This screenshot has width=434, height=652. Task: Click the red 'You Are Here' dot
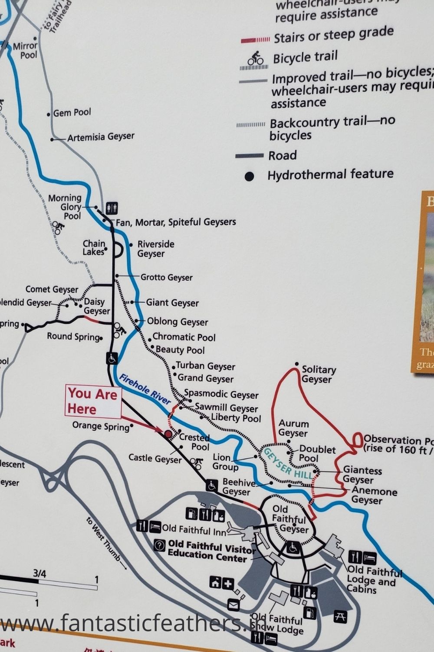click(168, 434)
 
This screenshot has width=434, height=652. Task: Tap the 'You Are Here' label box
click(93, 401)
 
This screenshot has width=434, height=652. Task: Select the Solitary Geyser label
click(319, 374)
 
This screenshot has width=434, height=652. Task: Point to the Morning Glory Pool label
click(65, 206)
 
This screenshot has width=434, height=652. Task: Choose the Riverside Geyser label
click(155, 249)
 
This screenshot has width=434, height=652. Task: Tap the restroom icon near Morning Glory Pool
click(111, 208)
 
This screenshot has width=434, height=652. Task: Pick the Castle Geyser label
click(155, 458)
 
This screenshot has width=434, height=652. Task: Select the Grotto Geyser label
click(166, 277)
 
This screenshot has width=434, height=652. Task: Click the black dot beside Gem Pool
click(49, 114)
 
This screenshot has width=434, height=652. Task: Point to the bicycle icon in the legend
click(256, 58)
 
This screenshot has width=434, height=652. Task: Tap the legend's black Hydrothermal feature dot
click(249, 176)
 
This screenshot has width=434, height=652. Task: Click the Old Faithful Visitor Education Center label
click(207, 551)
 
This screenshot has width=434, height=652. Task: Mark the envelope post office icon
click(233, 604)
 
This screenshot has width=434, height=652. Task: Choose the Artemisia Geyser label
click(101, 137)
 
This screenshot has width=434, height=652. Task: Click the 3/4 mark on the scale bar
click(39, 574)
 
